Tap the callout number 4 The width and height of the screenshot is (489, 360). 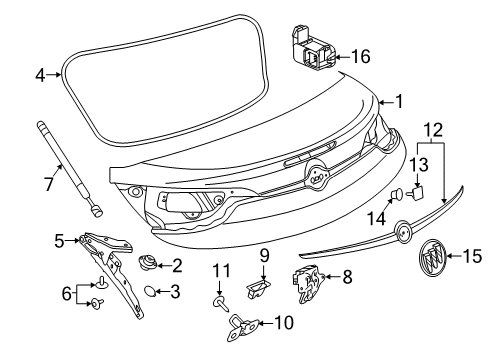pyautogui.click(x=40, y=74)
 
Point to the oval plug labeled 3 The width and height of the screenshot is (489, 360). pyautogui.click(x=146, y=292)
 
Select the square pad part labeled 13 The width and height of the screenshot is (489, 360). pyautogui.click(x=418, y=191)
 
